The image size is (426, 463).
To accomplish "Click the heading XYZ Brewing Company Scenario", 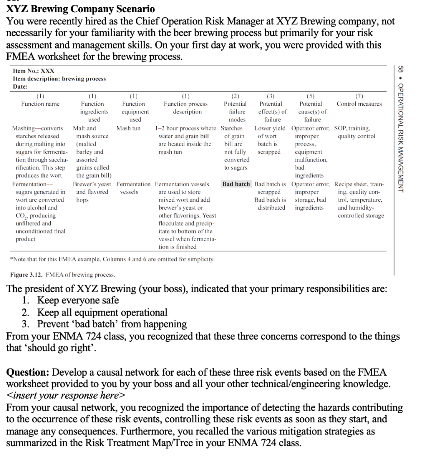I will [81, 9].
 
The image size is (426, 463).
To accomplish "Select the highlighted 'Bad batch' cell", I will [236, 184].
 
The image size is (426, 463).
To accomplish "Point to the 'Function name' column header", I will [40, 104].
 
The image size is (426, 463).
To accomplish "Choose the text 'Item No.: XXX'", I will [34, 71].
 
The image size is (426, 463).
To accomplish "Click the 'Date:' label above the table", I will [20, 86].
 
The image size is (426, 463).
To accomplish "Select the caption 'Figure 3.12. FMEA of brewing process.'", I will [63, 274].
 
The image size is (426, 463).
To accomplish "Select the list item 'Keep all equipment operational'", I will [102, 312].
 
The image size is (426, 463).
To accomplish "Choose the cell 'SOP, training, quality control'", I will [354, 132].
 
